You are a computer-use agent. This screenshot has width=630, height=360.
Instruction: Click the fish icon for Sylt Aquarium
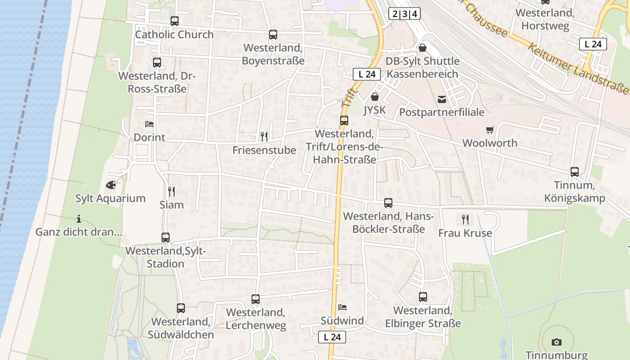[x=111, y=184]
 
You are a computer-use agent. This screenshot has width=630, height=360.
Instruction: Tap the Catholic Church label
[x=175, y=35]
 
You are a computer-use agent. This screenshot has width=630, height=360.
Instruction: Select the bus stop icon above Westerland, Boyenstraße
[x=273, y=35]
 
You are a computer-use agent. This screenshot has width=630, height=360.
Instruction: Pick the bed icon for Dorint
[x=149, y=124]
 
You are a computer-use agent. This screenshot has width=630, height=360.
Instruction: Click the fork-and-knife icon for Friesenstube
[x=264, y=136]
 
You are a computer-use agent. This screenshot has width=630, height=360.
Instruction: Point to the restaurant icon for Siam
[x=171, y=192]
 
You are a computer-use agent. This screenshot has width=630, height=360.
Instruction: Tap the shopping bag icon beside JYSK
[x=374, y=96]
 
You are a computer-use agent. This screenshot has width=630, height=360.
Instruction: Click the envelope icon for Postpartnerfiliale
[x=441, y=99]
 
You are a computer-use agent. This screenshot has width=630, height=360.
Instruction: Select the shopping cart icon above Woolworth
[x=490, y=130]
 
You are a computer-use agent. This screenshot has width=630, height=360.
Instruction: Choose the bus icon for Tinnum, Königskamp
[x=575, y=171]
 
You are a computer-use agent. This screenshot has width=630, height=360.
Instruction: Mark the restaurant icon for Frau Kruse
[x=465, y=220]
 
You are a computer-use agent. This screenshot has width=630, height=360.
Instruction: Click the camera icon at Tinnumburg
[x=557, y=342]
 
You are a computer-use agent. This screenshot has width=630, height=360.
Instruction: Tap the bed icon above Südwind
[x=342, y=308]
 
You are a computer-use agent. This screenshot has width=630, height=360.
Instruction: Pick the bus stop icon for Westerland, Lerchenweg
[x=256, y=299]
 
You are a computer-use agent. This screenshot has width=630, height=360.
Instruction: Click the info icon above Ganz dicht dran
[x=79, y=219]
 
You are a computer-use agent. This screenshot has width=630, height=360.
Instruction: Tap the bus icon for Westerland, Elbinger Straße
[x=423, y=297]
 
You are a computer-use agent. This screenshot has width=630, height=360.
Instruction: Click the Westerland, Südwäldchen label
[x=181, y=328]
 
